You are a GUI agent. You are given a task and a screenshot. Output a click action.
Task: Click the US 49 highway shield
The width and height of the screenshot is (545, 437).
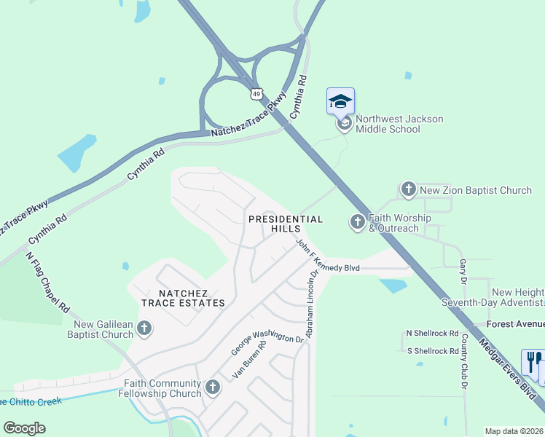pos(255,94)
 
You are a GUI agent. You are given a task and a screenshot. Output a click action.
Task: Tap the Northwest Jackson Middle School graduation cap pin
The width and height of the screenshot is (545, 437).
pos(341,101)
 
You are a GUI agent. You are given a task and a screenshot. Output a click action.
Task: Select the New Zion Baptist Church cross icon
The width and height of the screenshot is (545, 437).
pos(408,190)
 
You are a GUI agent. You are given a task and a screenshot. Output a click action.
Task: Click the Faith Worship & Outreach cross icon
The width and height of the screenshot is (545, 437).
pos(357,221)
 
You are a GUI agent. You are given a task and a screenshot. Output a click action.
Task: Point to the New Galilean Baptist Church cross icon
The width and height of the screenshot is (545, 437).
pos(144,328)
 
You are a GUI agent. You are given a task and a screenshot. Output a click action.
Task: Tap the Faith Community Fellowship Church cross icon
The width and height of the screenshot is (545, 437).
pos(212,387)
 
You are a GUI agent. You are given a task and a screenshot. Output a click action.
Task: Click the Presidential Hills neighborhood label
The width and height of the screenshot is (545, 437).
pos(286,224)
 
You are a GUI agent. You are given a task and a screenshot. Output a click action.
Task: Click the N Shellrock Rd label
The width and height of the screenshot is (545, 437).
pos(432,333)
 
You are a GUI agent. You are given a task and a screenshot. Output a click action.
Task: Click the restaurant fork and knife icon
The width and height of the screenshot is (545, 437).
pos(533,362)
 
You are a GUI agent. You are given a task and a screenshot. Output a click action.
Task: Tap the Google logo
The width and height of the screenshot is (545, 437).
pos(25,428)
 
